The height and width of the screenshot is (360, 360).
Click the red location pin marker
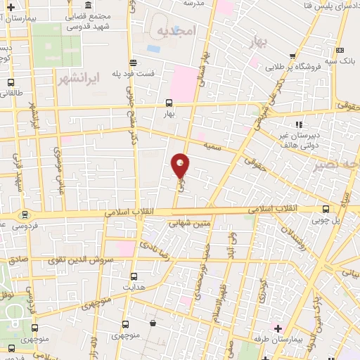pos(180,166)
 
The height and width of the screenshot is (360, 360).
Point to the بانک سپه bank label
pos(340,60)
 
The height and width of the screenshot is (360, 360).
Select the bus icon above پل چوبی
pos(325,209)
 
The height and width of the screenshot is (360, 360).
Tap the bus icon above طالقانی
pos(9,82)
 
